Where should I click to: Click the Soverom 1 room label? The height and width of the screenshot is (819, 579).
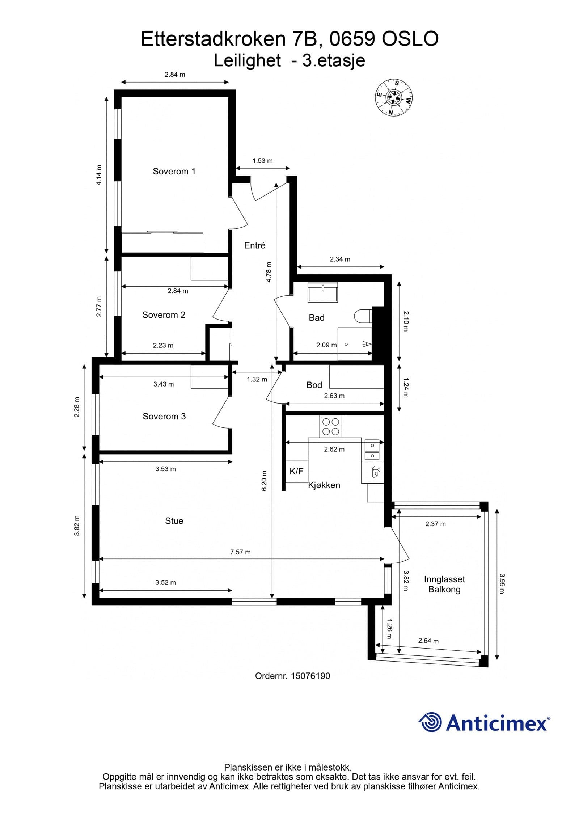[174, 171]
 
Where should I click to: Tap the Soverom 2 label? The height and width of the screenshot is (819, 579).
[164, 315]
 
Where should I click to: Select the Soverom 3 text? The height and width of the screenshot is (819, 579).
[164, 416]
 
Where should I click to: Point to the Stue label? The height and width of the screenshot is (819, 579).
[174, 521]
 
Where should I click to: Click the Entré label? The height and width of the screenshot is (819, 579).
[255, 245]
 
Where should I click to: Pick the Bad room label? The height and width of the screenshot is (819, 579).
[316, 318]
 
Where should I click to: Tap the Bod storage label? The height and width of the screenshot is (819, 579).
[314, 385]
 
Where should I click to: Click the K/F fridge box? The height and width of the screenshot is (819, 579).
[296, 471]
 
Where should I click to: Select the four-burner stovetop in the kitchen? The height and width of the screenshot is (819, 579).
[331, 426]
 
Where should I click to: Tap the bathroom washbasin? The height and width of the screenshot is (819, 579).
[322, 292]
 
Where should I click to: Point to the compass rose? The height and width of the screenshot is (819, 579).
[393, 98]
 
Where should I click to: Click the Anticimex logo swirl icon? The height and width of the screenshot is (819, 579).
[430, 722]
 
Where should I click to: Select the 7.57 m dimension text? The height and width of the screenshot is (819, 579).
[240, 552]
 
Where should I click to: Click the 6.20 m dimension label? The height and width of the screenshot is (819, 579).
[264, 481]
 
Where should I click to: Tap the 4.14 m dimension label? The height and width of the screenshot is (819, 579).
[99, 175]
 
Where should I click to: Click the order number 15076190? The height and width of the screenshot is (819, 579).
[310, 676]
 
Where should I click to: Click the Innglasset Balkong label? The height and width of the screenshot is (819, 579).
[444, 584]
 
